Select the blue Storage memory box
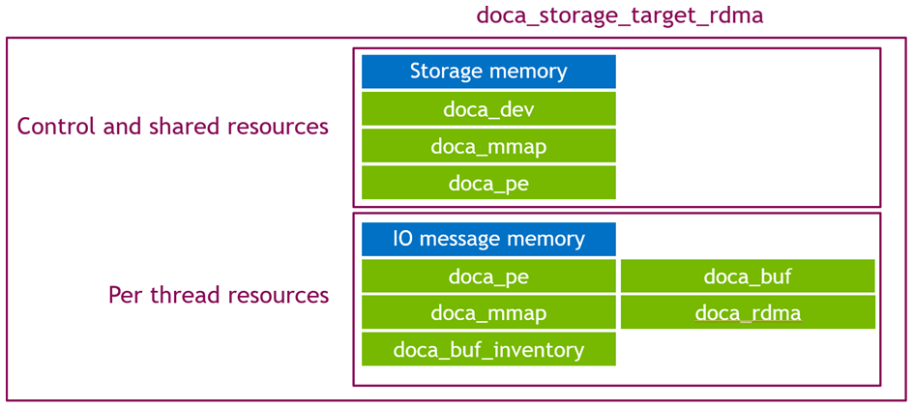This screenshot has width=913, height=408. [488, 72]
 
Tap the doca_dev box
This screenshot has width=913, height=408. [488, 109]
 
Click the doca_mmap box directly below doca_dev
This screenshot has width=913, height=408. [488, 146]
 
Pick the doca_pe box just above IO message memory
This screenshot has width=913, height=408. [488, 183]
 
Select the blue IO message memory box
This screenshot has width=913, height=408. [488, 239]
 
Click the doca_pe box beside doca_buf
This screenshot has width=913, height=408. [488, 277]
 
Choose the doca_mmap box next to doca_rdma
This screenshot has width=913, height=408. [488, 313]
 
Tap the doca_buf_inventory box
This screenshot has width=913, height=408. [488, 350]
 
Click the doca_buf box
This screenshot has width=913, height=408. [748, 277]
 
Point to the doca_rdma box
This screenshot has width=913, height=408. [748, 313]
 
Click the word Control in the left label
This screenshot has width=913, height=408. [53, 127]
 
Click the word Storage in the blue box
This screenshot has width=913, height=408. [446, 72]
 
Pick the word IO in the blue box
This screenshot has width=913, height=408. [403, 239]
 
